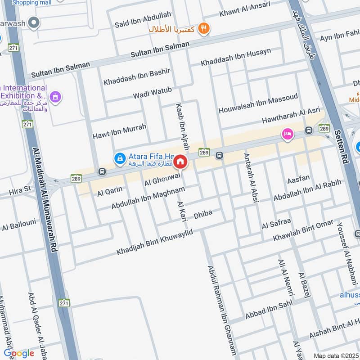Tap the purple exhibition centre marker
pos(55,96)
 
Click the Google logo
pos(19,353)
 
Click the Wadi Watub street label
pos(152,93)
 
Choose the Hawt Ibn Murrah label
pos(119,131)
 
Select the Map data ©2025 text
pos(335,355)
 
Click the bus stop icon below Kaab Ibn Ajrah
pos(219,156)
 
